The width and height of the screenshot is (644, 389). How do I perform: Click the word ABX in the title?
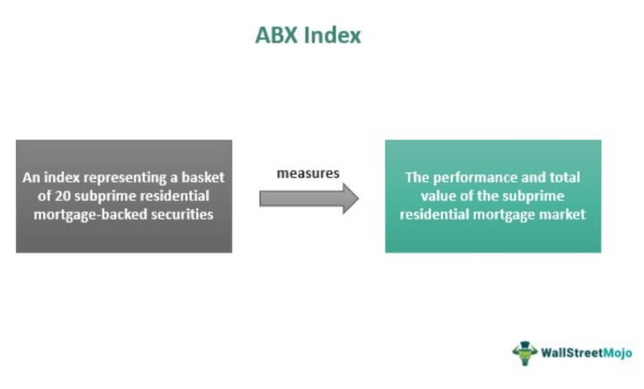tap(276, 35)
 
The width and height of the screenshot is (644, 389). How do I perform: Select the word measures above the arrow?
tap(308, 173)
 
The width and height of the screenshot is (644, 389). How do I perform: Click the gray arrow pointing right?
tap(309, 199)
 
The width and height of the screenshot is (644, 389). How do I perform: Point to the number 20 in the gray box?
tap(63, 195)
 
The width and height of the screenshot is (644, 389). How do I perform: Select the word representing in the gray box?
tap(125, 178)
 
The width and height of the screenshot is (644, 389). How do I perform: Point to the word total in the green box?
tap(565, 177)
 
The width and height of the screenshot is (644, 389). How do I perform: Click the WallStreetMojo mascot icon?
tap(525, 353)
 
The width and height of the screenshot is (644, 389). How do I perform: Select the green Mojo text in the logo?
tap(618, 353)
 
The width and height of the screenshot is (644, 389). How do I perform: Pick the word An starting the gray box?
tap(31, 177)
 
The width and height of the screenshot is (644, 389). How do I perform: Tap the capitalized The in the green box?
tap(417, 177)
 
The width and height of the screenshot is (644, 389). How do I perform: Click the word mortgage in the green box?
tap(504, 215)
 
